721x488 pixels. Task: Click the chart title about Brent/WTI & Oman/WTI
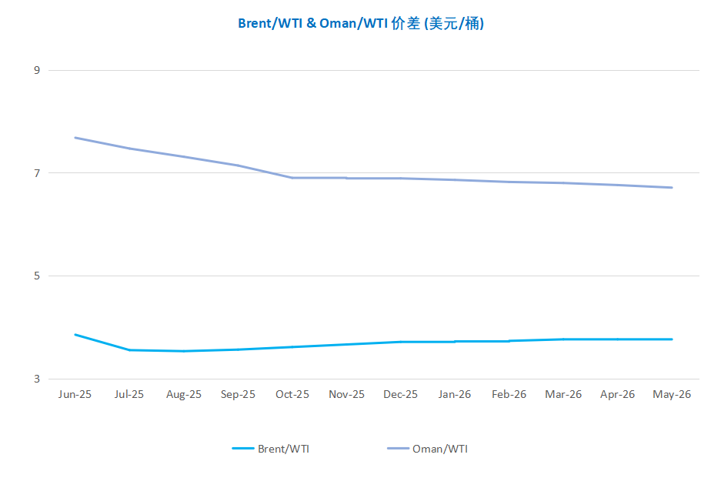pyautogui.click(x=360, y=23)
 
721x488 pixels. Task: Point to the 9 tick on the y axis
pyautogui.click(x=36, y=70)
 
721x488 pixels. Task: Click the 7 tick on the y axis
pyautogui.click(x=36, y=173)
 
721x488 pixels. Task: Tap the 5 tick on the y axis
pyautogui.click(x=36, y=276)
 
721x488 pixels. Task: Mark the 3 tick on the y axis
pyautogui.click(x=36, y=379)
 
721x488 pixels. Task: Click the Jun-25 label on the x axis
pyautogui.click(x=75, y=394)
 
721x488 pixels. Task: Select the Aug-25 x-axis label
pyautogui.click(x=184, y=394)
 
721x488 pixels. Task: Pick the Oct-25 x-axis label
pyautogui.click(x=292, y=394)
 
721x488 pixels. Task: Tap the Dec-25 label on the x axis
pyautogui.click(x=401, y=394)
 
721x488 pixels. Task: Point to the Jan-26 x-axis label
pyautogui.click(x=455, y=394)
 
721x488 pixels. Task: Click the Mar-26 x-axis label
pyautogui.click(x=563, y=394)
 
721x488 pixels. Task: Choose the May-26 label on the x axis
pyautogui.click(x=672, y=394)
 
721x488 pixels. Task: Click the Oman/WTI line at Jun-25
pyautogui.click(x=75, y=138)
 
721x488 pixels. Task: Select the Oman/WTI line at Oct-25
pyautogui.click(x=292, y=178)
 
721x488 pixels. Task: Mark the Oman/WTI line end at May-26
pyautogui.click(x=672, y=187)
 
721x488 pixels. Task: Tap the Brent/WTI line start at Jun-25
pyautogui.click(x=75, y=335)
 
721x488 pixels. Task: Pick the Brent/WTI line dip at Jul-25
pyautogui.click(x=129, y=350)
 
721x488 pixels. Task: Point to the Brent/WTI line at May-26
pyautogui.click(x=672, y=339)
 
